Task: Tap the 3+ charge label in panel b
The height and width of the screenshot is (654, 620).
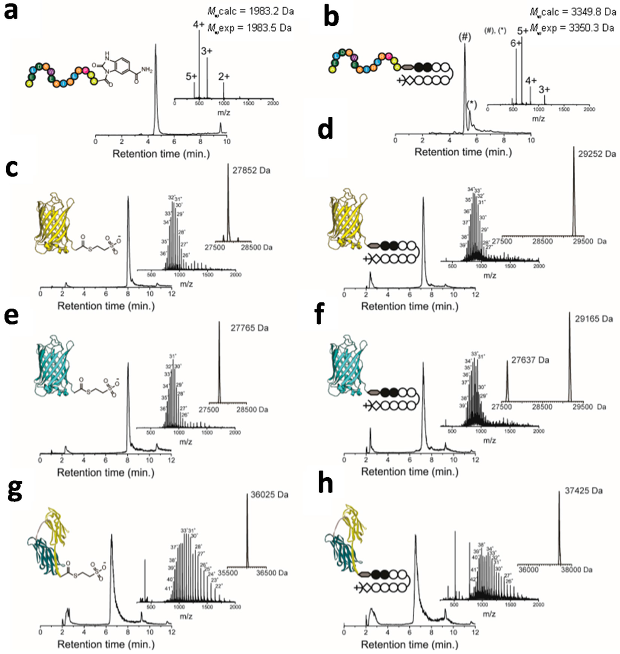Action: [546, 89]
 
